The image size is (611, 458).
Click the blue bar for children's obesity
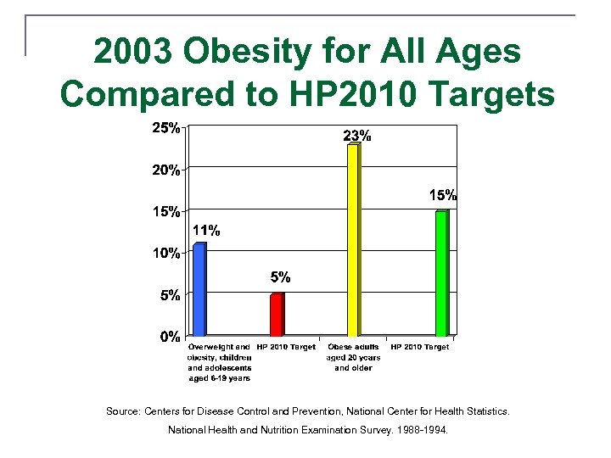(199, 289)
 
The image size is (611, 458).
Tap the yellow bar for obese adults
(353, 240)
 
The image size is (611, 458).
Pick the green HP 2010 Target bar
(441, 273)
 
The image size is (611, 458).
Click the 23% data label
(356, 135)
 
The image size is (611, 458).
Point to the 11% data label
(206, 230)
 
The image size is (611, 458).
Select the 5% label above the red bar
(281, 276)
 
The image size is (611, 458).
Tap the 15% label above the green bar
(442, 195)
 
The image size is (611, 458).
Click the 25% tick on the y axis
(165, 129)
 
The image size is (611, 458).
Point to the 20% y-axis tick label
(165, 170)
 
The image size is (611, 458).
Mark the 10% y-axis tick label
(165, 253)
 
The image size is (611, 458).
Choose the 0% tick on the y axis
(170, 337)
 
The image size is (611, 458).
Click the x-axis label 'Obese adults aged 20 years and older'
(353, 357)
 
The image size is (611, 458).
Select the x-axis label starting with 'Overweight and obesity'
(219, 362)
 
